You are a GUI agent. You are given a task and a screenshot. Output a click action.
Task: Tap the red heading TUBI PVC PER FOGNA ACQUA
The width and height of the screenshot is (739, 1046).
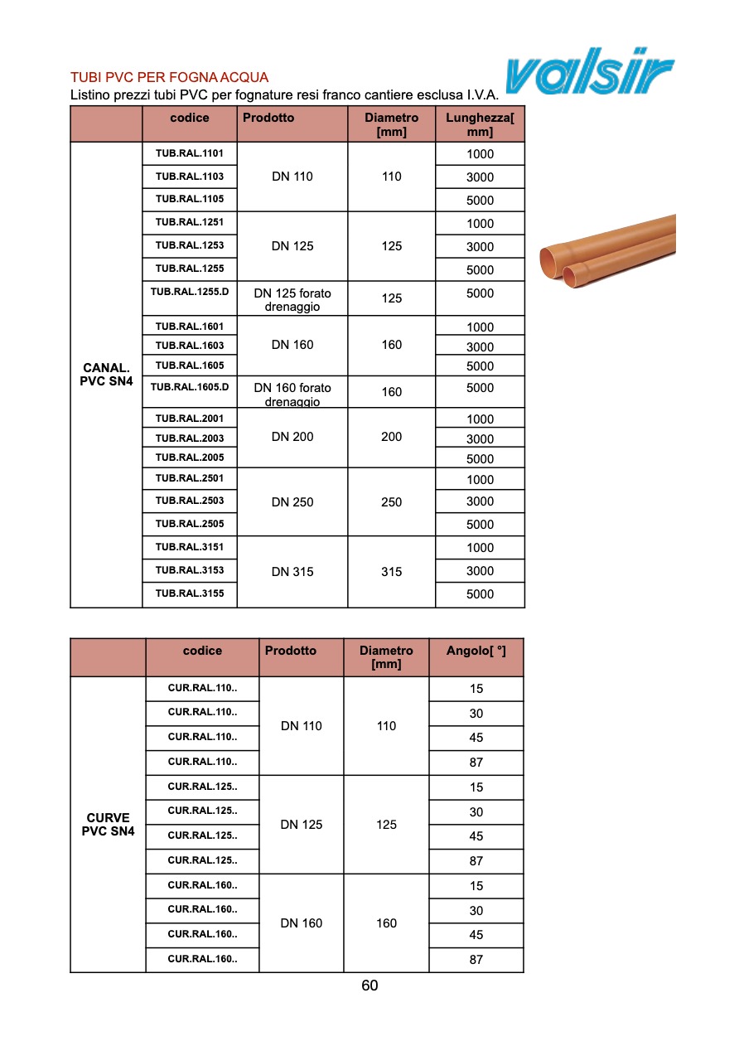[x=169, y=78]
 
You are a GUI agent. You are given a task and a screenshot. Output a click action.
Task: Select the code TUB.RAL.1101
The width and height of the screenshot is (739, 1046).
[x=190, y=153]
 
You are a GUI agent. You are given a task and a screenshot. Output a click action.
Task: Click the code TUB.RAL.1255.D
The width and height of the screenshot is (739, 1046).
[x=190, y=292]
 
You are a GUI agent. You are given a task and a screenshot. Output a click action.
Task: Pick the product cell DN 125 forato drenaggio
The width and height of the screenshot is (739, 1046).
[x=292, y=299]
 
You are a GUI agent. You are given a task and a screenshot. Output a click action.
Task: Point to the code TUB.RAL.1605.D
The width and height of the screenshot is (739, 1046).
[x=190, y=386]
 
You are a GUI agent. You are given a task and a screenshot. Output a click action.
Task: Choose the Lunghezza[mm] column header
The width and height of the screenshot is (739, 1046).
[x=480, y=124]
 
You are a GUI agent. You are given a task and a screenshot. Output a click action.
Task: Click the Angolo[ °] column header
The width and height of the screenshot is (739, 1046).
[x=476, y=651]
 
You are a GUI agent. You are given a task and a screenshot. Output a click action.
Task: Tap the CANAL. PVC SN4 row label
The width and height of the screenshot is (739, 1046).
[x=106, y=375]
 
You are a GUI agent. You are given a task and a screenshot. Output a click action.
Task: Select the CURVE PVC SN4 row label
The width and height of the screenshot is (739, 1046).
[x=108, y=824]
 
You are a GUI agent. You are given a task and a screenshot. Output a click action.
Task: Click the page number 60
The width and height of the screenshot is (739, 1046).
[x=369, y=985]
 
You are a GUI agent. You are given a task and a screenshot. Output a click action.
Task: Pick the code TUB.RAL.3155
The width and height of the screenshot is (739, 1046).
[x=190, y=593]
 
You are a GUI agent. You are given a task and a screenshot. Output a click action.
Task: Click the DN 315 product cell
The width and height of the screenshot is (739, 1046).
[x=292, y=572]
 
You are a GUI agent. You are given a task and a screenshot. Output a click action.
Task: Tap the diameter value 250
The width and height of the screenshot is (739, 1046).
[x=391, y=502]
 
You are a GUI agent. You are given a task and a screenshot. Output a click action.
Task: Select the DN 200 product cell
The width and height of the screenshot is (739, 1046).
[x=292, y=437]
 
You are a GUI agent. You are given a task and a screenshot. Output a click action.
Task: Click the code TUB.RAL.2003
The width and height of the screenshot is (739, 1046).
[x=190, y=438]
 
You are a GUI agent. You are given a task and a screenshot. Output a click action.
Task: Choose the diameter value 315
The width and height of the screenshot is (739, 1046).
[x=391, y=572]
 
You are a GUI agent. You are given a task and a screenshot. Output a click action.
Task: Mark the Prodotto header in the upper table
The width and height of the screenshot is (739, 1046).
[x=268, y=118]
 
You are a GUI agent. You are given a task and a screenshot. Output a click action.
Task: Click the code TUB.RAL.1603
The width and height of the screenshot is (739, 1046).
[x=190, y=345]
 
